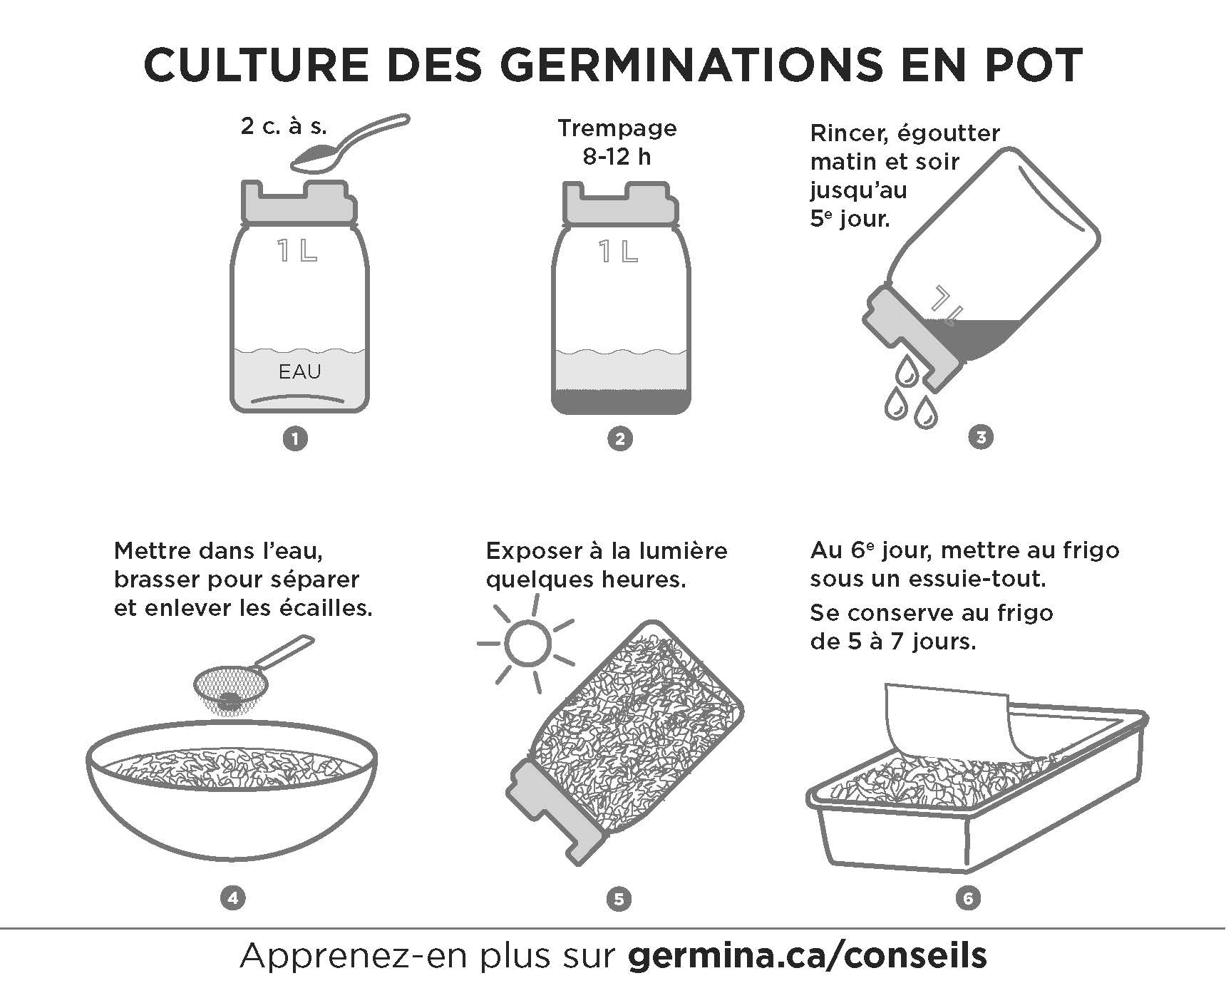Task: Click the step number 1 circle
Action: click(x=295, y=438)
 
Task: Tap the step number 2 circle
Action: click(x=619, y=438)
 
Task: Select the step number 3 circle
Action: click(x=981, y=437)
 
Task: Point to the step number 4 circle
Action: click(x=233, y=898)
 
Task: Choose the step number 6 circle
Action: click(x=968, y=898)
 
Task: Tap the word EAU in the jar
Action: click(x=300, y=371)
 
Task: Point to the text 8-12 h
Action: click(x=617, y=157)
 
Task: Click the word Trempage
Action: click(x=617, y=128)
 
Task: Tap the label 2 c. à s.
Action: click(x=284, y=127)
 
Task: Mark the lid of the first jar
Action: click(x=299, y=202)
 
